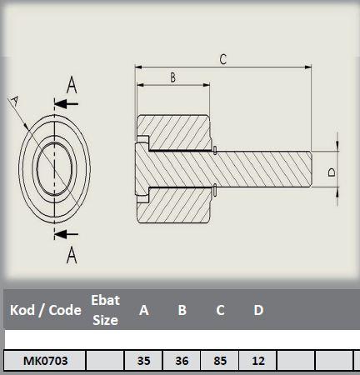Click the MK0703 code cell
click(x=45, y=361)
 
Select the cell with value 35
click(x=143, y=361)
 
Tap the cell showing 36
click(x=182, y=361)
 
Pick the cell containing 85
click(x=220, y=361)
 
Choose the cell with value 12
click(x=257, y=361)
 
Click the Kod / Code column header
click(x=46, y=310)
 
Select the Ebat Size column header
click(x=105, y=310)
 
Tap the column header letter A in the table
click(x=144, y=310)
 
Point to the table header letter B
click(x=182, y=310)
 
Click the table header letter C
click(x=220, y=310)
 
